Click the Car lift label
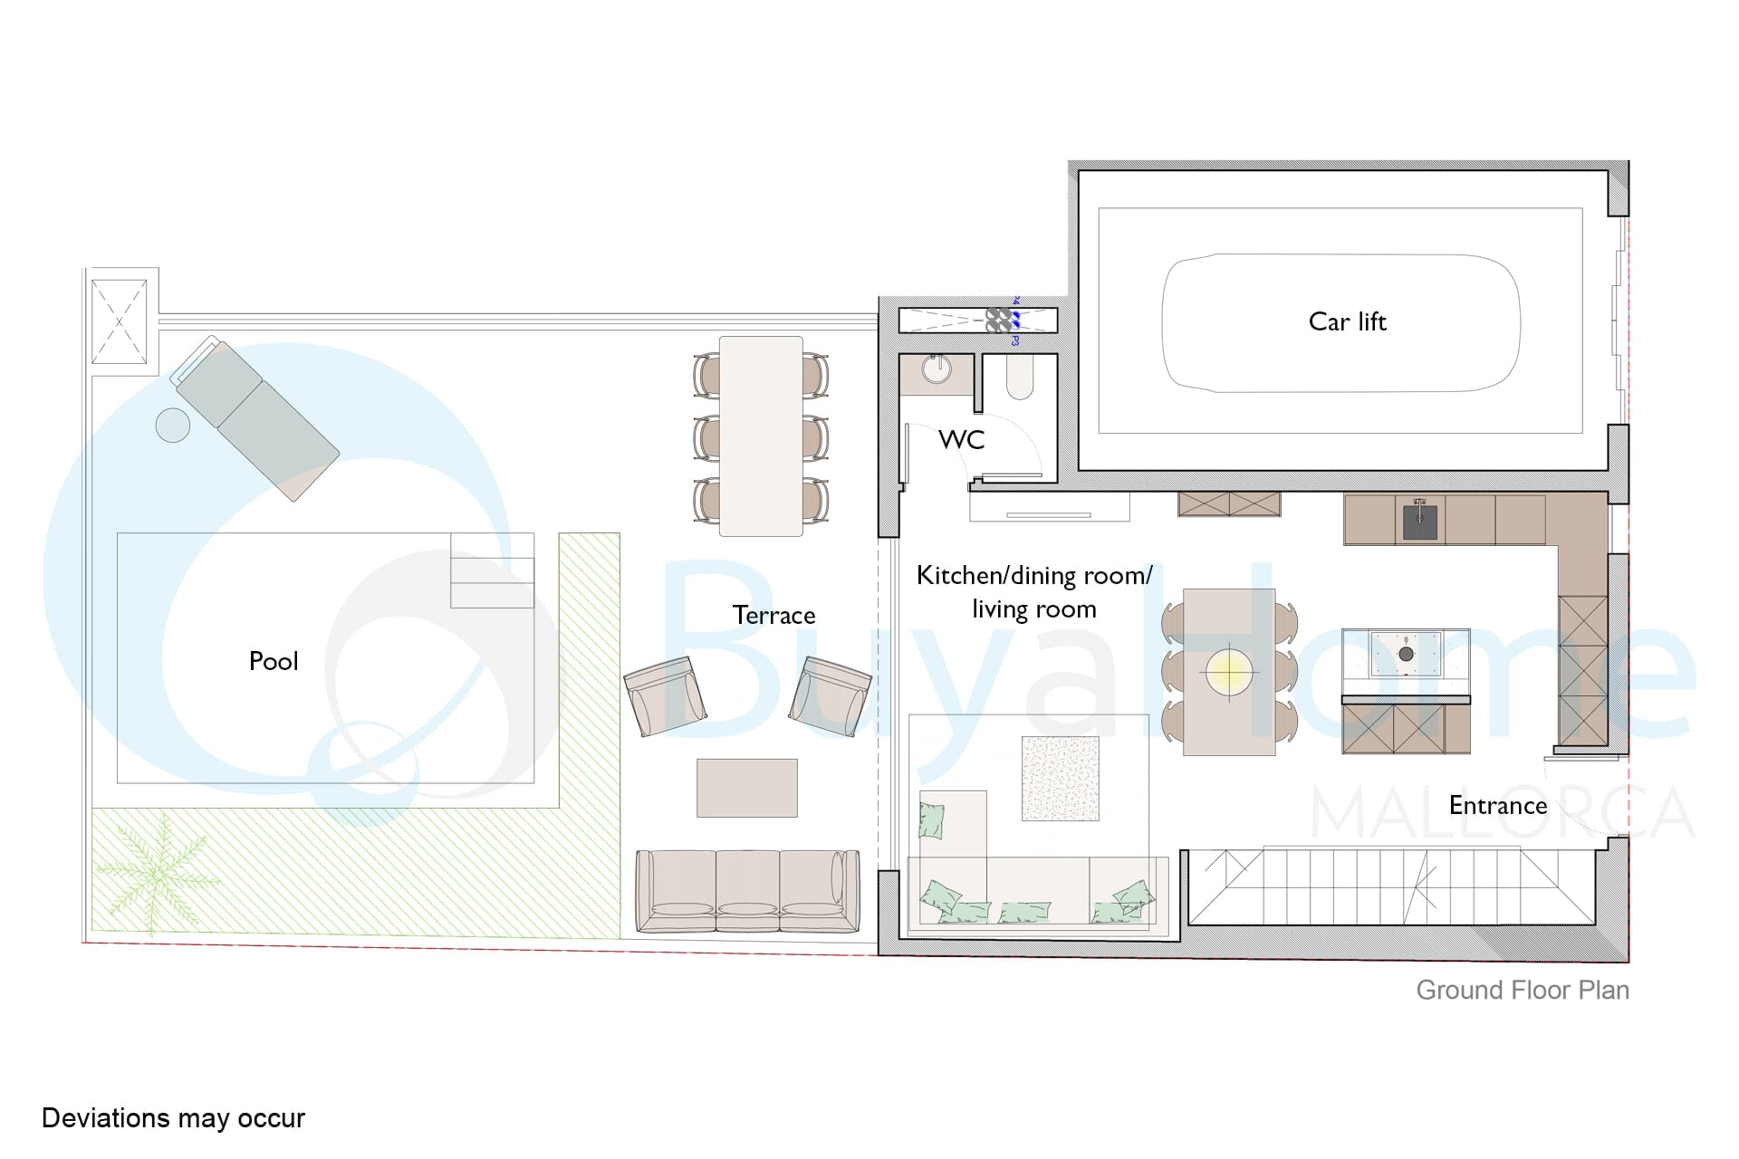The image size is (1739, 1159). click(x=1347, y=321)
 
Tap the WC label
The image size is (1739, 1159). click(x=961, y=440)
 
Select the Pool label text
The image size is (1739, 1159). click(x=274, y=661)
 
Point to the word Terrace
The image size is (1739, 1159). click(x=773, y=616)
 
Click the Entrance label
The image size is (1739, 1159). click(x=1498, y=806)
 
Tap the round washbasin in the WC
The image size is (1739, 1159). click(x=937, y=369)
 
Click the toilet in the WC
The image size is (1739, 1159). click(x=1020, y=378)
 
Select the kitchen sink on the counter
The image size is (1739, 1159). click(x=1419, y=522)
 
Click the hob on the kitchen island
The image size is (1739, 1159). click(x=1406, y=654)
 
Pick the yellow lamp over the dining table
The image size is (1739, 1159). click(x=1229, y=671)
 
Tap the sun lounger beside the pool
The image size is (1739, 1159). click(x=255, y=418)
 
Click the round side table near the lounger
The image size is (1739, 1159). click(x=172, y=425)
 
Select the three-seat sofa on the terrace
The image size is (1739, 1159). click(x=747, y=891)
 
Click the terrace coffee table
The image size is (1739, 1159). click(x=747, y=788)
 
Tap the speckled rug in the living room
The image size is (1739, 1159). click(x=1061, y=779)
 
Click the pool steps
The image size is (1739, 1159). click(x=492, y=570)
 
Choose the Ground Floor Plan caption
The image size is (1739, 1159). click(x=1523, y=991)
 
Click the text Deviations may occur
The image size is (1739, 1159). click(x=173, y=1118)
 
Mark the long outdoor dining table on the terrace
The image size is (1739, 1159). click(x=761, y=436)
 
